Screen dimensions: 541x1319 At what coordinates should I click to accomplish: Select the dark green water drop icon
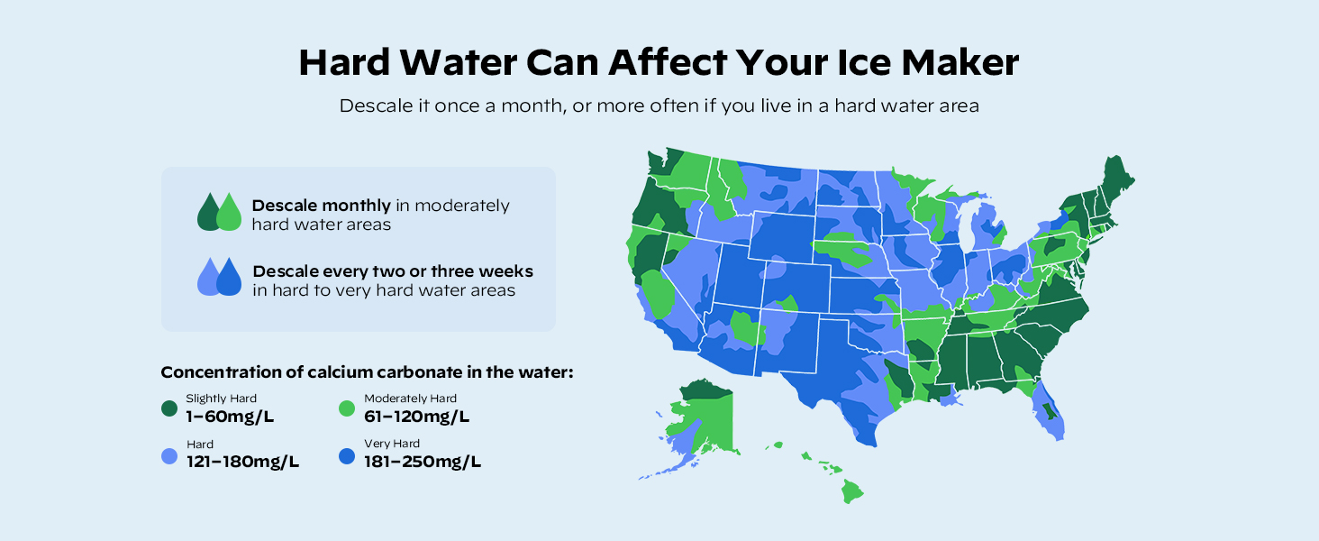point(208,213)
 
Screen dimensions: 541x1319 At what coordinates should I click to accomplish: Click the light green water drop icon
point(230,213)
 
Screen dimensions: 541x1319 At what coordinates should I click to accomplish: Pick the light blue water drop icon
point(208,278)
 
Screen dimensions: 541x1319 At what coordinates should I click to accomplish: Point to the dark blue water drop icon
point(230,278)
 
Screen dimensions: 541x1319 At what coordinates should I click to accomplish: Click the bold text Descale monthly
point(322,206)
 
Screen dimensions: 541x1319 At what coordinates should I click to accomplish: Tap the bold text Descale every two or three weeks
point(393,271)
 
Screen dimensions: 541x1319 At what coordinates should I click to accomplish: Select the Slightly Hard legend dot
point(168,408)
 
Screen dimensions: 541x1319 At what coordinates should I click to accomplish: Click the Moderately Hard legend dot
point(347,408)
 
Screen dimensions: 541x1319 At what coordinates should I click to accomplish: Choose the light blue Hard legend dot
point(168,456)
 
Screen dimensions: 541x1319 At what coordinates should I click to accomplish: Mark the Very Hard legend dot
point(347,456)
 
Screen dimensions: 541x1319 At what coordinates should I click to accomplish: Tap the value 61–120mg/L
point(416,417)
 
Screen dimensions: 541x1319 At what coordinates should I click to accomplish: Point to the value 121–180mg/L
point(242,462)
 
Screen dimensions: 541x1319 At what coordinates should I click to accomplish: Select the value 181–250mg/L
point(423,462)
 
